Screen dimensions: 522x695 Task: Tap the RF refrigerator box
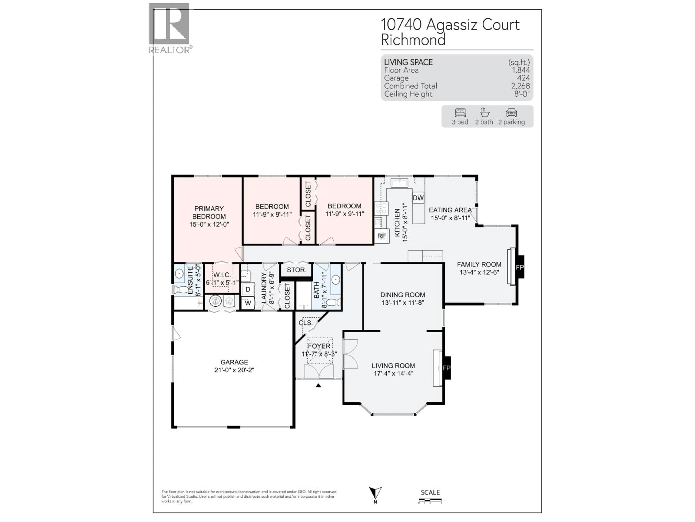click(381, 236)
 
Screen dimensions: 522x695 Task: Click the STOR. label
click(296, 270)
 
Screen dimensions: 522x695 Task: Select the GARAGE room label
click(234, 362)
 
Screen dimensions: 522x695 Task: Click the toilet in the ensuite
click(180, 289)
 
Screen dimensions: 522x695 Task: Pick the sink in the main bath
click(336, 279)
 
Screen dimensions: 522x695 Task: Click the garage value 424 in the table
click(523, 78)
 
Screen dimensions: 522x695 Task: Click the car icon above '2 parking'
click(511, 113)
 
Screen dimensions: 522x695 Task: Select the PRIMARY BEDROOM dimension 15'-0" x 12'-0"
click(209, 224)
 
